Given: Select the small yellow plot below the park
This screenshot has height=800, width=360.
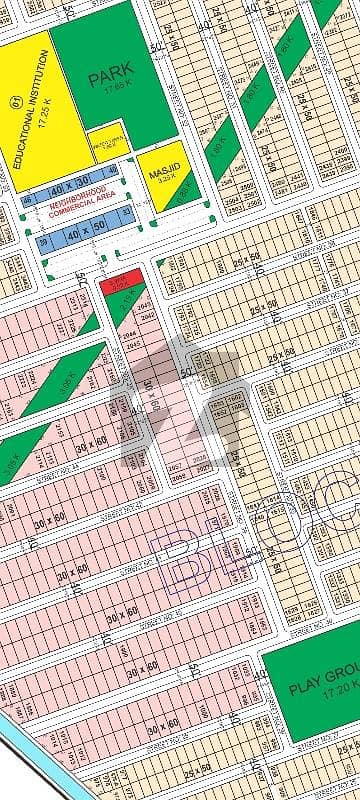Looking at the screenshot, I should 108,141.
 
